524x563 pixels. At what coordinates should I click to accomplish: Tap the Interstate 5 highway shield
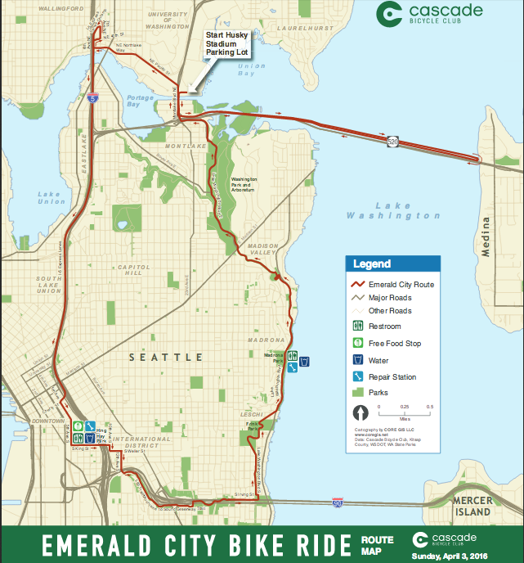(x=92, y=98)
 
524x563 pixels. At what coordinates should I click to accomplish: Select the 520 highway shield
(x=394, y=141)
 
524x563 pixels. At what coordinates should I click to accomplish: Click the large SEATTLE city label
(x=166, y=358)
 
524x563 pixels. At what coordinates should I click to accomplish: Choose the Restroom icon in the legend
(x=357, y=327)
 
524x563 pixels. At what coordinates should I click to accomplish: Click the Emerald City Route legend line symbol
(x=357, y=285)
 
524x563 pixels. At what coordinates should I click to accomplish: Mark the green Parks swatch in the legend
(x=357, y=392)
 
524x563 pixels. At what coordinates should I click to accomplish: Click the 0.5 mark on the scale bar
(x=429, y=407)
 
